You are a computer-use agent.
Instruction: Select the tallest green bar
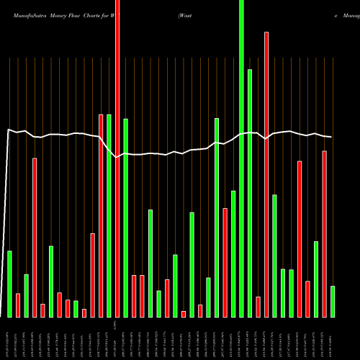[x=241, y=158]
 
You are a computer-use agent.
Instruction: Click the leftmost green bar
[x=9, y=284]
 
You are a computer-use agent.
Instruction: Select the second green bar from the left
[x=26, y=295]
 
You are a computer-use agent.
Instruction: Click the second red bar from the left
[x=35, y=238]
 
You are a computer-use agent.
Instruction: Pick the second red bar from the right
[x=307, y=299]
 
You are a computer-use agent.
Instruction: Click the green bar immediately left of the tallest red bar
[x=109, y=216]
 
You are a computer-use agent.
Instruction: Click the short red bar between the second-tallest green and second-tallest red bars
[x=258, y=307]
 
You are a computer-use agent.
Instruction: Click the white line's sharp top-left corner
[x=7, y=130]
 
